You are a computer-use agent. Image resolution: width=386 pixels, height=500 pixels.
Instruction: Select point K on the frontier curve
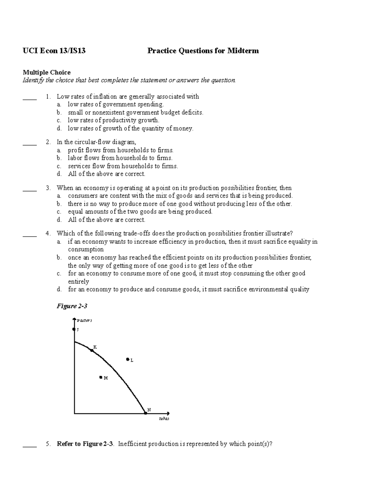pyautogui.click(x=92, y=350)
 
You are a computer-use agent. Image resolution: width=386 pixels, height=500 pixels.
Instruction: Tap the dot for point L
pyautogui.click(x=128, y=359)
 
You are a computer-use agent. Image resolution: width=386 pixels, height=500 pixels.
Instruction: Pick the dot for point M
pyautogui.click(x=101, y=377)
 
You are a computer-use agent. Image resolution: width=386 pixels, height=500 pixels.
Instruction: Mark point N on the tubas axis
pyautogui.click(x=145, y=413)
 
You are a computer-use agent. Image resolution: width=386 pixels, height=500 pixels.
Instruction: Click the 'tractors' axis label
pyautogui.click(x=84, y=320)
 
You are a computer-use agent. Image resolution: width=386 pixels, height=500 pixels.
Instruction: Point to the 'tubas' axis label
pyautogui.click(x=164, y=419)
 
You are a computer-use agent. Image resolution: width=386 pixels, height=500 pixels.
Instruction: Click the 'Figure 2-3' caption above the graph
pyautogui.click(x=72, y=306)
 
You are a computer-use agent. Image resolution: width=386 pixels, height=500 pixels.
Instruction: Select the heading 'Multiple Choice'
pyautogui.click(x=46, y=72)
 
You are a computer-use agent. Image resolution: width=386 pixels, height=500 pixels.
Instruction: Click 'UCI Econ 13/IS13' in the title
pyautogui.click(x=54, y=51)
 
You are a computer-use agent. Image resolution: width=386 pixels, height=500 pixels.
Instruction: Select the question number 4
pyautogui.click(x=48, y=233)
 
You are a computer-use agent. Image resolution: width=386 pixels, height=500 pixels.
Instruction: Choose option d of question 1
pyautogui.click(x=130, y=128)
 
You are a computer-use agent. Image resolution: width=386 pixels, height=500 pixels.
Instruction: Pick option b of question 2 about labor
pyautogui.click(x=120, y=158)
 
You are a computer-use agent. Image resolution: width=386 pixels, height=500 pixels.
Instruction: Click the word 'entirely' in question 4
pyautogui.click(x=78, y=281)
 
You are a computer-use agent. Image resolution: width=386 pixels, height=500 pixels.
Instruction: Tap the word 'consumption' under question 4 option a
pyautogui.click(x=86, y=250)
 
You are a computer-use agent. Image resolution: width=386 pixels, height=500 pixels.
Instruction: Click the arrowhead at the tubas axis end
pyautogui.click(x=168, y=413)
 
